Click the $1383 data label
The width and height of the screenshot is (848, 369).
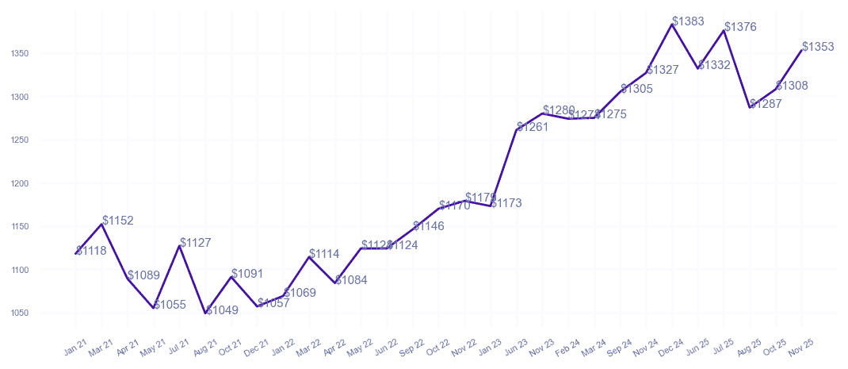(x=688, y=21)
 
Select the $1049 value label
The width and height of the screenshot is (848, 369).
(x=222, y=310)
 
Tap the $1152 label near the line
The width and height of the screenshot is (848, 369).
(x=118, y=221)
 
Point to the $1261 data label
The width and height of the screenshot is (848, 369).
(x=533, y=127)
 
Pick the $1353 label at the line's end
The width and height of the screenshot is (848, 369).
(x=818, y=47)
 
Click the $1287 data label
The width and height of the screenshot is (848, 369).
(x=766, y=104)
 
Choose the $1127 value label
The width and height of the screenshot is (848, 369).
(x=196, y=243)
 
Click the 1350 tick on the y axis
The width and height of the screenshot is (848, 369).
(x=20, y=54)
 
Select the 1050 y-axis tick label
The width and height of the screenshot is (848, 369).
(x=20, y=313)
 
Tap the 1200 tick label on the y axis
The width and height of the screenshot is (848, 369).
(x=20, y=183)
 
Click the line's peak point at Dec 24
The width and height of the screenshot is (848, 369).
(x=672, y=25)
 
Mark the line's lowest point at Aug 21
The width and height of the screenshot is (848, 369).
(x=206, y=313)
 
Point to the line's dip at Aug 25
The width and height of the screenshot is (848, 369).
(x=750, y=107)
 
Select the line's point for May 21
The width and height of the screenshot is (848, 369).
(x=154, y=308)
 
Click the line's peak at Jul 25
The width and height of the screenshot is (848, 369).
(x=724, y=30)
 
